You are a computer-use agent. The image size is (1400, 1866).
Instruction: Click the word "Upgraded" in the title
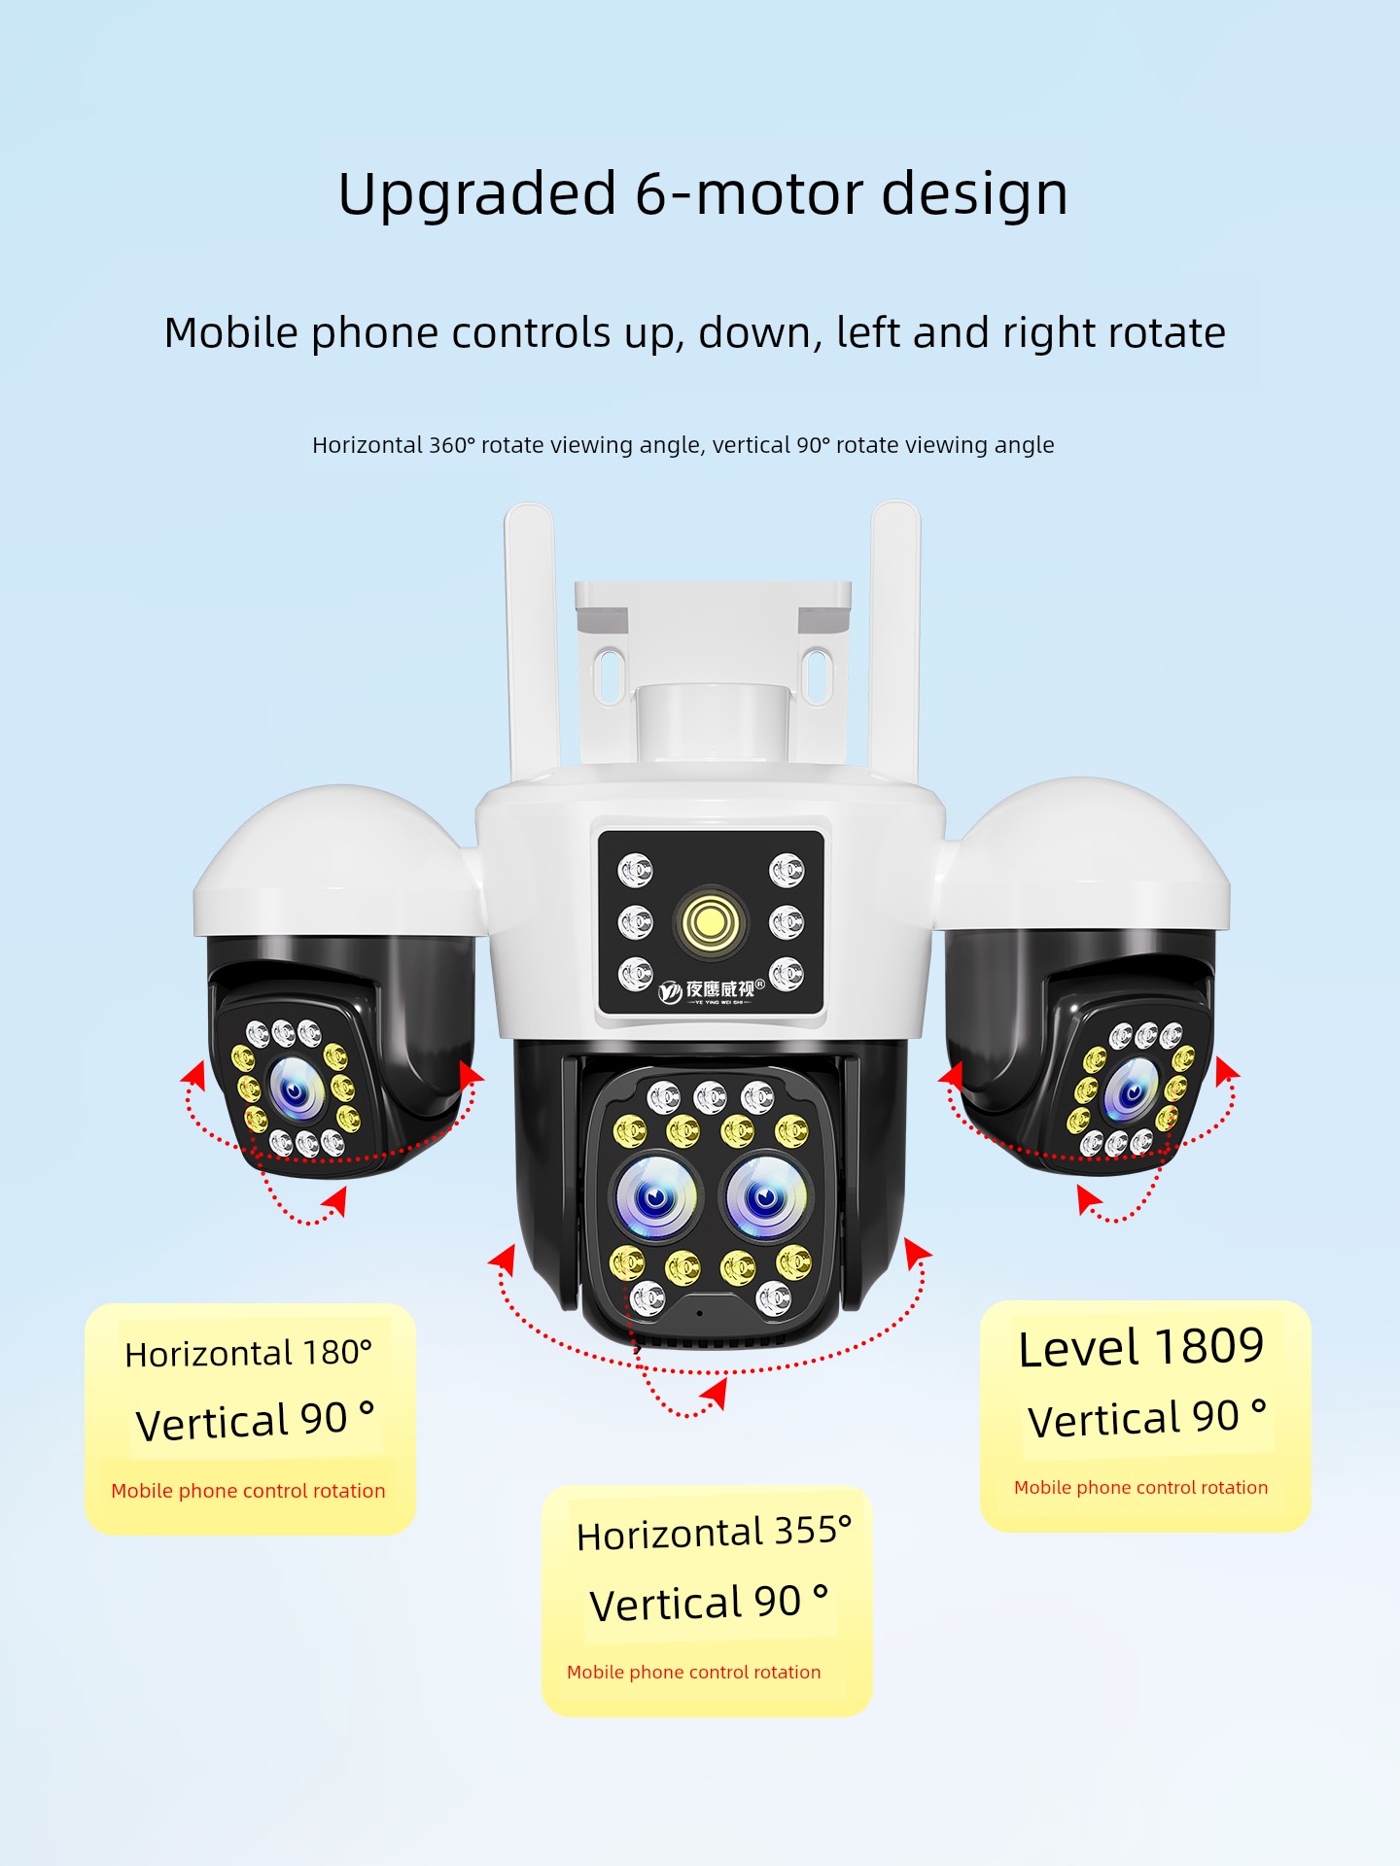click(x=477, y=194)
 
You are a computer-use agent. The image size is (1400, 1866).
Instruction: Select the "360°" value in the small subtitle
click(x=452, y=445)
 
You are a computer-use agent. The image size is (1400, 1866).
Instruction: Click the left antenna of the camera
click(x=531, y=640)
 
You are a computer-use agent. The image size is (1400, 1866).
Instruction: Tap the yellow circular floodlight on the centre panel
click(x=711, y=920)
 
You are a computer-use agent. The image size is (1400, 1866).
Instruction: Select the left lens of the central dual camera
click(x=655, y=1198)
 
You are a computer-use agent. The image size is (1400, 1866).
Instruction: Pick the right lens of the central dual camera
click(x=766, y=1198)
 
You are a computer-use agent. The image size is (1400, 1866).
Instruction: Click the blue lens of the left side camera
click(x=295, y=1088)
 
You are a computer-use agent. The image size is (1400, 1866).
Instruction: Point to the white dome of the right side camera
click(x=1085, y=854)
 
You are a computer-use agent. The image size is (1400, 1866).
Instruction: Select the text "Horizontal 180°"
click(x=249, y=1353)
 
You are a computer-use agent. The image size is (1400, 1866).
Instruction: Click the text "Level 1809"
click(x=1141, y=1348)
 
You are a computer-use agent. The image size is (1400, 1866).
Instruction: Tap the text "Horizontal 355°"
click(x=715, y=1533)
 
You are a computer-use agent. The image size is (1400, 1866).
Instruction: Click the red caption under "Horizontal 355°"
click(x=694, y=1672)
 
